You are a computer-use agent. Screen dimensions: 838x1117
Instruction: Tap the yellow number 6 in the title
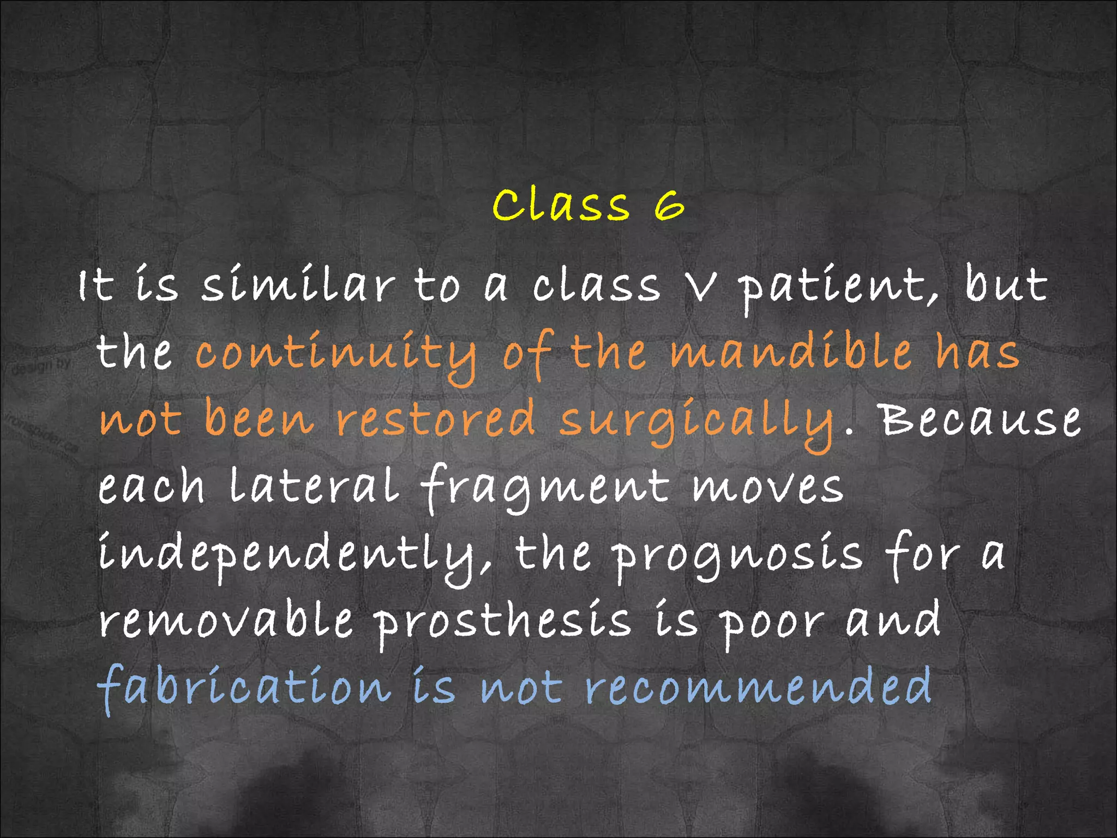point(669,206)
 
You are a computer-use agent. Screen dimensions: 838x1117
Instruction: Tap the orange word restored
point(436,419)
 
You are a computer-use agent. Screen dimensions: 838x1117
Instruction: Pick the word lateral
point(314,486)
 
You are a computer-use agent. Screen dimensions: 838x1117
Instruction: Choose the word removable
point(226,621)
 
